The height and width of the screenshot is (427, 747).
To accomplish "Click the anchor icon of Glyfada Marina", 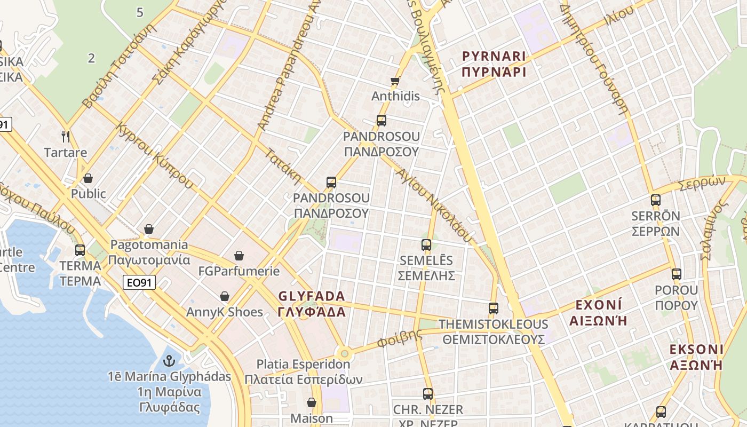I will (169, 361).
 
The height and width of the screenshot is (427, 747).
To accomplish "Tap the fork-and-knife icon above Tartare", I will (66, 137).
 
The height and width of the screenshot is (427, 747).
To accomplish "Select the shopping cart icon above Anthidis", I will (395, 81).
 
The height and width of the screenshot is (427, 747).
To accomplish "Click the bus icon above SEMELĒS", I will (426, 245).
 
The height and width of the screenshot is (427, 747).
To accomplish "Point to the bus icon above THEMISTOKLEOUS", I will (493, 308).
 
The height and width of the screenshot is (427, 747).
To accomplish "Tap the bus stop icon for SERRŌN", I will (655, 200).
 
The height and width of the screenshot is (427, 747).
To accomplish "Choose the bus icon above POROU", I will (676, 274).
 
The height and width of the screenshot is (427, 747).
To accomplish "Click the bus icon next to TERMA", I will (80, 250).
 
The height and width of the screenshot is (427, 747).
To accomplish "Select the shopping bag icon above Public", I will (88, 178).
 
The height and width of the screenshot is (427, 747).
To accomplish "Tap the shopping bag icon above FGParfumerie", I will (239, 256).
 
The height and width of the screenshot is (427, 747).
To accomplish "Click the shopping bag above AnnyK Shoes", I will (225, 296).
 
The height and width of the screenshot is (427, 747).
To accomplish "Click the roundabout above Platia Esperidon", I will (344, 353).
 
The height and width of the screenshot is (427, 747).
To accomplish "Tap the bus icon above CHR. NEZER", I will (427, 394).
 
